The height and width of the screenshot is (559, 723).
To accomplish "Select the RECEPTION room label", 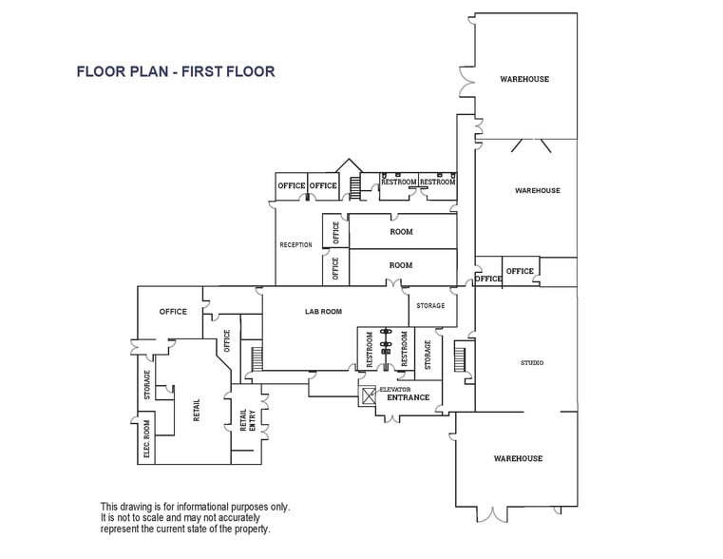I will tap(295, 245).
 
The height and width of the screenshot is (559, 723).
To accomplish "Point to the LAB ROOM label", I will tap(323, 311).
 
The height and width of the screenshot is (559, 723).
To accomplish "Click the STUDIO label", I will tap(532, 362).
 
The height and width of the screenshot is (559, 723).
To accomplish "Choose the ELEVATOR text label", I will tap(394, 389).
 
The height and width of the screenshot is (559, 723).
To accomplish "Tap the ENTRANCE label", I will tap(408, 397).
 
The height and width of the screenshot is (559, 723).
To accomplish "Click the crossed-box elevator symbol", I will tap(368, 392).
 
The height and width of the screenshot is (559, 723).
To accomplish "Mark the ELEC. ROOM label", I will tap(147, 439).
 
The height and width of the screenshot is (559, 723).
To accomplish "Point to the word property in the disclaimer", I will tap(250, 529).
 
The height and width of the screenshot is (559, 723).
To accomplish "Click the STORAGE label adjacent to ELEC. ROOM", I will tap(147, 385).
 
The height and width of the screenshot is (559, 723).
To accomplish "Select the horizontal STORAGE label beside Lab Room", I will tap(430, 306).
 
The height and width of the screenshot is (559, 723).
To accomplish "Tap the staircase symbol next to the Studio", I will tap(460, 358).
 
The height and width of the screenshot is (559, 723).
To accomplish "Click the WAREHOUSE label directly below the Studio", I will tap(518, 458).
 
